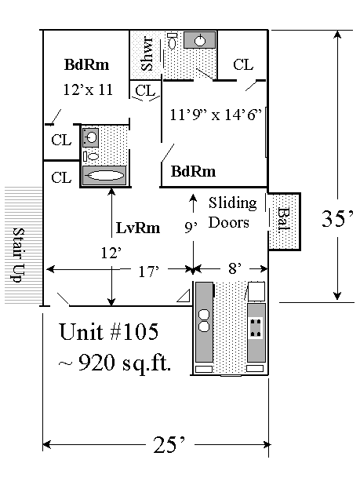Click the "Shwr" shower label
click(x=147, y=54)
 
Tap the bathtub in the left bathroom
click(x=104, y=175)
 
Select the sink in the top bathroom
click(x=200, y=39)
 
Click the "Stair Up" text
click(x=18, y=255)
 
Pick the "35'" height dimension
click(x=337, y=218)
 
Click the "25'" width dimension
click(x=169, y=445)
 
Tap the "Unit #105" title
click(x=109, y=332)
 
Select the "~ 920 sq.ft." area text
click(x=115, y=363)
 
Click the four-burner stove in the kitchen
click(x=256, y=328)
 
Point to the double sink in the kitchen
click(x=204, y=320)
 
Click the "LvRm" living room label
click(x=138, y=228)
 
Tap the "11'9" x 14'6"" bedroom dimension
click(x=216, y=115)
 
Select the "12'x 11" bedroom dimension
click(x=88, y=89)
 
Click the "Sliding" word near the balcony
click(x=233, y=203)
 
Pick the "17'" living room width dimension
click(x=149, y=272)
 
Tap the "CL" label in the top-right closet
click(x=243, y=64)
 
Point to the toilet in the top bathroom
click(x=173, y=41)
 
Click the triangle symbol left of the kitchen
click(x=184, y=297)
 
